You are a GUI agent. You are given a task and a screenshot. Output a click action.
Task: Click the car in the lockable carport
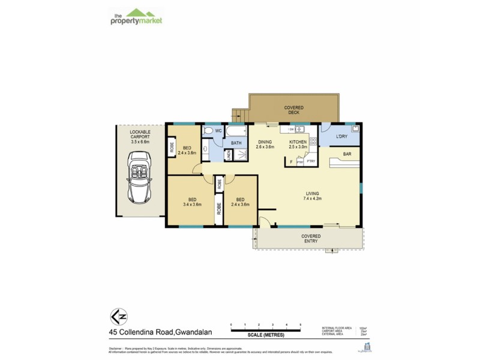[x=139, y=175]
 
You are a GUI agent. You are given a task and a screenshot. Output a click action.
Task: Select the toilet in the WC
[x=207, y=130]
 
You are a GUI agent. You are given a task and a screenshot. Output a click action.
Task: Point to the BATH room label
[x=236, y=143]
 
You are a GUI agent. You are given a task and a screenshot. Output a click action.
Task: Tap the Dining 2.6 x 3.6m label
[x=265, y=143]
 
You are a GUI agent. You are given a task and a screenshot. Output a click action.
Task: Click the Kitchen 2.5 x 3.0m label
[x=298, y=143]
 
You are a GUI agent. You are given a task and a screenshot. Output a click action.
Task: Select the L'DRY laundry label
[x=341, y=137]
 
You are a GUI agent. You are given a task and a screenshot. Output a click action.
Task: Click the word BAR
[x=347, y=154]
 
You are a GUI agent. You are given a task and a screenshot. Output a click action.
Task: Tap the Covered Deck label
[x=293, y=109]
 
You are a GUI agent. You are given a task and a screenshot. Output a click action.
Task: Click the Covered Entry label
[x=311, y=239]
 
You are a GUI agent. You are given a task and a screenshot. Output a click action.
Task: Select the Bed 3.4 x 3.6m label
[x=193, y=202]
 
